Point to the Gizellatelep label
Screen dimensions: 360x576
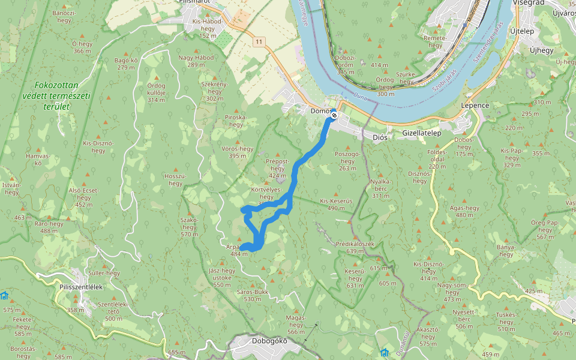pyautogui.click(x=421, y=133)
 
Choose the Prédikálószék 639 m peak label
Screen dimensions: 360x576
pyautogui.click(x=355, y=247)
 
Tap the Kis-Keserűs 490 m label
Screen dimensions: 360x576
pyautogui.click(x=336, y=204)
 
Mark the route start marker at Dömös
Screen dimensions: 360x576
pyautogui.click(x=334, y=116)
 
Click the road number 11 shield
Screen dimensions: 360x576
pyautogui.click(x=259, y=41)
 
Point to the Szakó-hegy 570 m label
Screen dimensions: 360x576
pyautogui.click(x=189, y=227)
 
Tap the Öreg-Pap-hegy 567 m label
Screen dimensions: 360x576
pyautogui.click(x=544, y=229)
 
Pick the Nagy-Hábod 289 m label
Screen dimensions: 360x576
pyautogui.click(x=196, y=61)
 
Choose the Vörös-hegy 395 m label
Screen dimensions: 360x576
pyautogui.click(x=238, y=152)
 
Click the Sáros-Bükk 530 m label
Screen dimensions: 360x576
pyautogui.click(x=253, y=295)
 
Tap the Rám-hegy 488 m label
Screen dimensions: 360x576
pyautogui.click(x=49, y=227)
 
